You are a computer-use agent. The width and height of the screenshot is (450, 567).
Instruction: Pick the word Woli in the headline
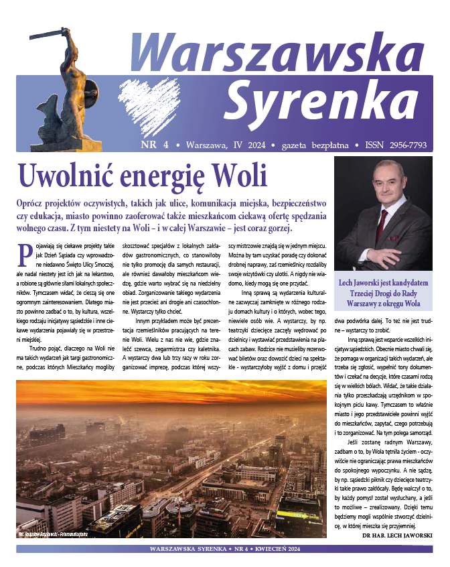click(240, 176)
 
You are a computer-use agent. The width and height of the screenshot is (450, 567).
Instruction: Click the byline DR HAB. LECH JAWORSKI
click(396, 535)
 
